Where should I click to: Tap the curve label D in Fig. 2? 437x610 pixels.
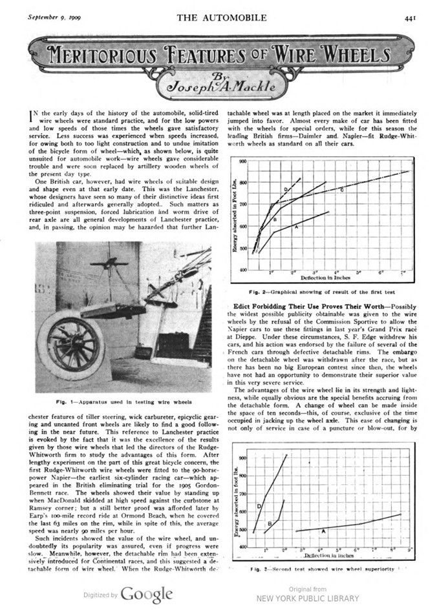click(285, 189)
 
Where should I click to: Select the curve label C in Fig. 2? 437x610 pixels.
click(341, 190)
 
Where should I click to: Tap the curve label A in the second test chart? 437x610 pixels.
click(323, 531)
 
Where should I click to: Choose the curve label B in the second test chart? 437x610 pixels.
click(270, 523)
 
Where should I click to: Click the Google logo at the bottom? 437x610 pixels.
click(147, 594)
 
